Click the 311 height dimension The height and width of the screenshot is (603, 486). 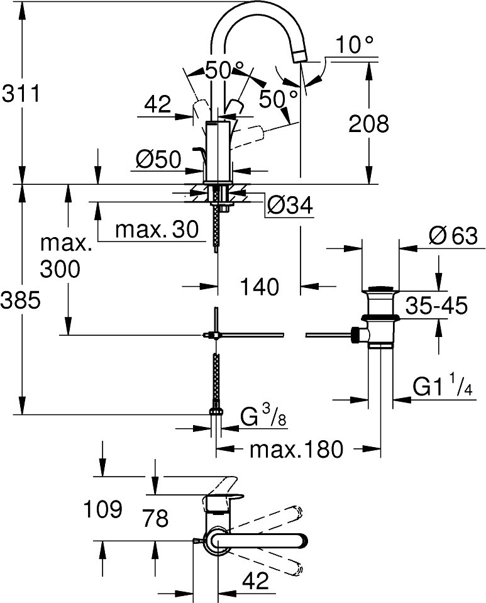point(20,94)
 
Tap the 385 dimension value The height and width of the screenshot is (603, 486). point(20,301)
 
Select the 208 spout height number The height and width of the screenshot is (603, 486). point(368,123)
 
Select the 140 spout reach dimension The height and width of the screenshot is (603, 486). point(259,287)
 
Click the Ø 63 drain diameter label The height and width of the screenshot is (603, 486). point(453,236)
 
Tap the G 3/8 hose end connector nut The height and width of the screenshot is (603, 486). point(216,412)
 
